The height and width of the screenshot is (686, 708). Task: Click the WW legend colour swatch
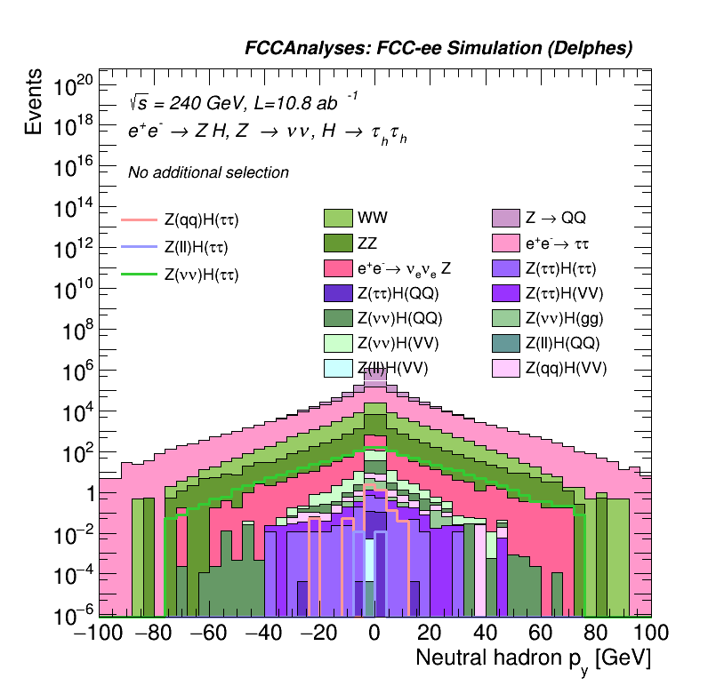[x=338, y=218]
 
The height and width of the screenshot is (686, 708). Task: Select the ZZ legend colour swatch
[x=338, y=243]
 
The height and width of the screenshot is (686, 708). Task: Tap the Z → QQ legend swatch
[x=506, y=218]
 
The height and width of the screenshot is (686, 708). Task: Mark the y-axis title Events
[x=34, y=102]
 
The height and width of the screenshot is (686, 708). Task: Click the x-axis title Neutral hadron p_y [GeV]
[x=534, y=659]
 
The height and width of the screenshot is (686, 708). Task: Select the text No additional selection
[x=208, y=172]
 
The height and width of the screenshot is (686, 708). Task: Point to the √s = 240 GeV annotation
[x=182, y=101]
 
